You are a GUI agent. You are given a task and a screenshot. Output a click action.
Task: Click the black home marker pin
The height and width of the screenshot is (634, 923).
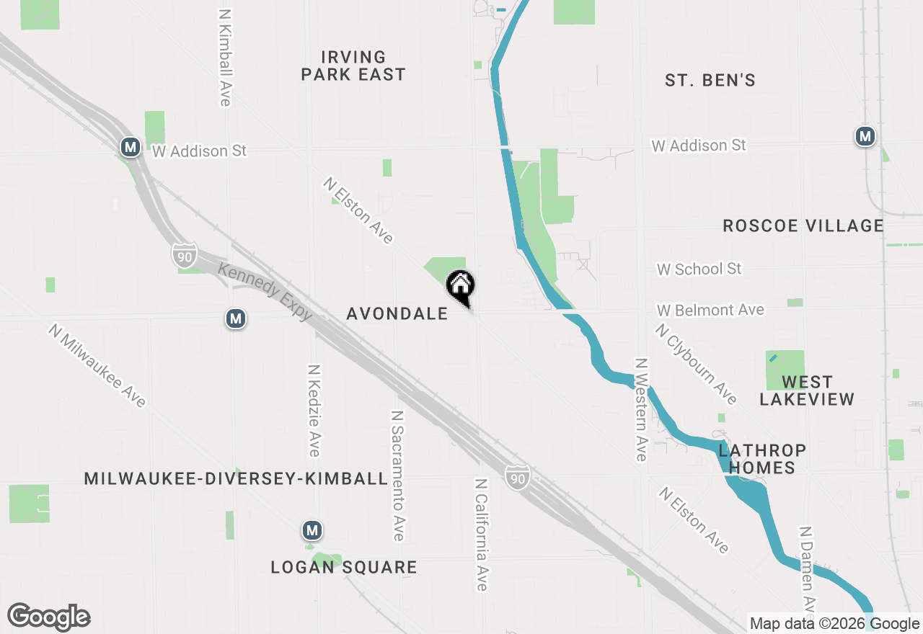click(461, 285)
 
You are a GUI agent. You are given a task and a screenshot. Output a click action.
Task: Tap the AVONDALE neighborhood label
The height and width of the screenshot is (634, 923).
click(397, 313)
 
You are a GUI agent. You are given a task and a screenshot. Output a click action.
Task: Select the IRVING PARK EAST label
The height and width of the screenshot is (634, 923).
click(353, 66)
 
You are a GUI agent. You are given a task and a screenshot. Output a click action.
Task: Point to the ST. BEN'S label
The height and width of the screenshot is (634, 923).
click(710, 81)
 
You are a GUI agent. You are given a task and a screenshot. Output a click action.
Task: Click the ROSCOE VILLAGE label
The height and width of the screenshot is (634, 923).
click(803, 226)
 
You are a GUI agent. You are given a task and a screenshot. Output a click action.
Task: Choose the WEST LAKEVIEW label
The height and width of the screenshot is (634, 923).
click(807, 390)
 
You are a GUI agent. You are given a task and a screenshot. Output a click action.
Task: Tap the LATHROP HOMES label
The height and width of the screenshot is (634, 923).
click(761, 459)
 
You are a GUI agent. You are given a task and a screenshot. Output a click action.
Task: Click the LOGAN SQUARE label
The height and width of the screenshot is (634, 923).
click(344, 567)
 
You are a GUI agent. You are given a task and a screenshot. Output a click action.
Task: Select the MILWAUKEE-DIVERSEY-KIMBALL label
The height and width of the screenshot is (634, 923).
click(236, 479)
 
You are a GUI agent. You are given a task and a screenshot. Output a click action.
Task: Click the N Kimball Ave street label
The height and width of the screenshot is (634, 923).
click(225, 58)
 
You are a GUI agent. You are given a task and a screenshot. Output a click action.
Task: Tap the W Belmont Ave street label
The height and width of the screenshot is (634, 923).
click(710, 310)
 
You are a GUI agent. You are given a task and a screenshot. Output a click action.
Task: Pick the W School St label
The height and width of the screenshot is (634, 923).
click(699, 269)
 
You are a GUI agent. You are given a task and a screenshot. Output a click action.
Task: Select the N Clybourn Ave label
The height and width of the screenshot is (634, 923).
click(696, 364)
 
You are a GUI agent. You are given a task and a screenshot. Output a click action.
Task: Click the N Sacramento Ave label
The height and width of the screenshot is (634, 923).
click(397, 475)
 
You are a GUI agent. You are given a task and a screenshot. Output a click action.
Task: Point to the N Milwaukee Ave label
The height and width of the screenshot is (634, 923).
click(97, 365)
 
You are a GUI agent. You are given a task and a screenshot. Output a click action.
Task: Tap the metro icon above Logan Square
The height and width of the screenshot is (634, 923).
click(312, 531)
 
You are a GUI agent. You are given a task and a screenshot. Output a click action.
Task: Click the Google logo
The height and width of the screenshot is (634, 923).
click(48, 617)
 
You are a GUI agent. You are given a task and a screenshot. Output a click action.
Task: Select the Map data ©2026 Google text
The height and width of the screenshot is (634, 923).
click(834, 624)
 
